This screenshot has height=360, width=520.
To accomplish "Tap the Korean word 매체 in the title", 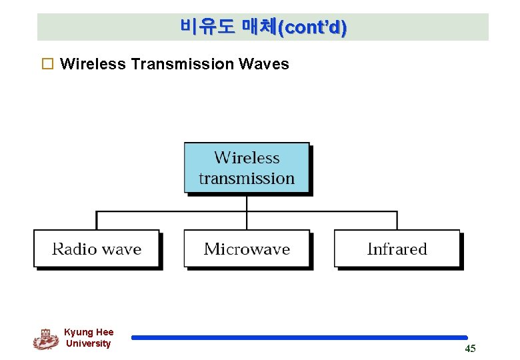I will pos(258,27).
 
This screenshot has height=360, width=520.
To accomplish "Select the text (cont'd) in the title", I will pos(312,28).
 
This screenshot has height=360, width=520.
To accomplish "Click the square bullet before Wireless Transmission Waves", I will pos(47,65).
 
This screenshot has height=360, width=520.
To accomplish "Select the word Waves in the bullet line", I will pos(263,64).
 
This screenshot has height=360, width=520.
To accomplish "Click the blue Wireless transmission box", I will pos(247,168).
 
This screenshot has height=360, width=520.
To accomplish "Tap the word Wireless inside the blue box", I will pos(247,158).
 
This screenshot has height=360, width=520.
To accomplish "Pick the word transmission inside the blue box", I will pos(247,179).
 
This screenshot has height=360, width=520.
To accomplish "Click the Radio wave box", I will pos(97,249).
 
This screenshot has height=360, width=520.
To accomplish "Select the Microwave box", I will pos(247,249).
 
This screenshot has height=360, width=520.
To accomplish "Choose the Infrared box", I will pos(397,249).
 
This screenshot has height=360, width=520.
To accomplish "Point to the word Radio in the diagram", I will pos(75,249).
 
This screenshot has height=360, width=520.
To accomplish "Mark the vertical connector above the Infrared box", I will pos(397,221).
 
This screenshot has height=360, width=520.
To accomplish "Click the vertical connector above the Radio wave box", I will pos(97,221).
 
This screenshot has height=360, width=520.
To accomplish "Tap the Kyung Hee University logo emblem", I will pos(46,339).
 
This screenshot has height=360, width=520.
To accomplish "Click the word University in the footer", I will pos(89,343).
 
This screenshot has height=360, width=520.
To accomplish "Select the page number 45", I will pos(470,349).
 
